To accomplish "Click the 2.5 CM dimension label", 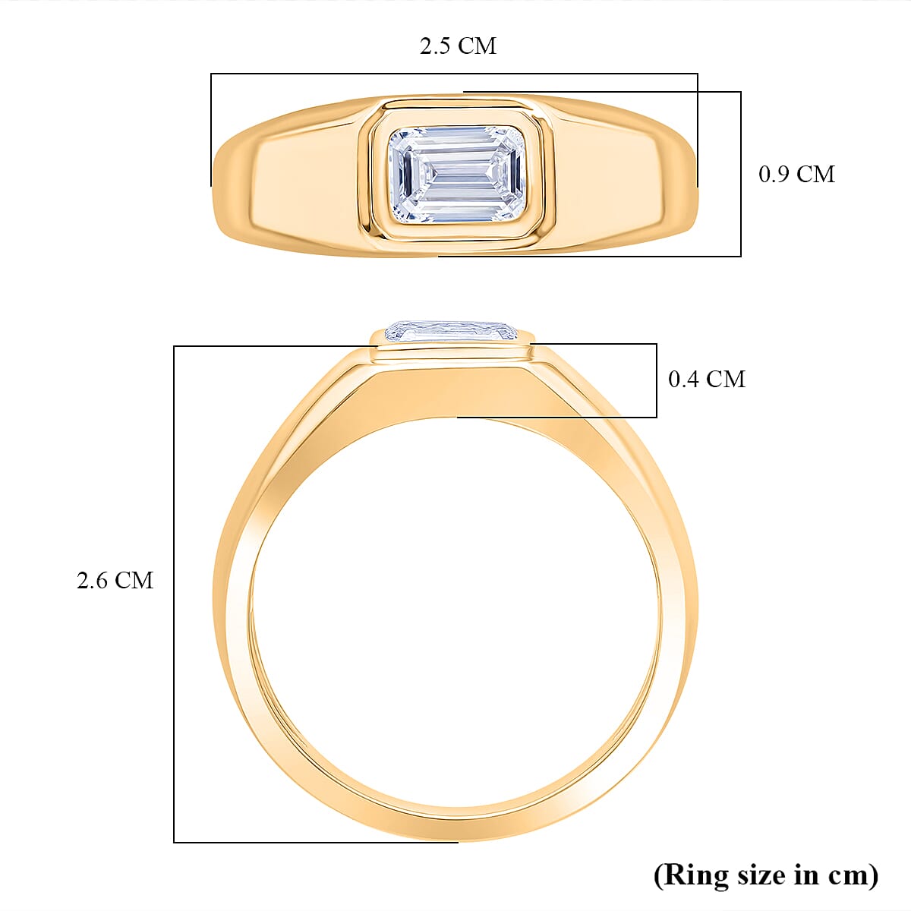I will click(x=458, y=46).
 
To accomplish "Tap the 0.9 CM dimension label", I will click(x=796, y=175).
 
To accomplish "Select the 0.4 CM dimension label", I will click(x=706, y=379).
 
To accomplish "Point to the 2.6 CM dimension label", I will click(x=115, y=581).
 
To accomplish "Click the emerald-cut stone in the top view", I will click(x=457, y=175).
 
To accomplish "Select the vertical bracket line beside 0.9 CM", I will click(x=740, y=175).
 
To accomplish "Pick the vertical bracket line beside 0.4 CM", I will click(x=657, y=380).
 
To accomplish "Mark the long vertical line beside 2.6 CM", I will click(x=175, y=592).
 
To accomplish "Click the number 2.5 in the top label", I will click(x=435, y=46).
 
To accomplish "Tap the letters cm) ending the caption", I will click(x=854, y=875).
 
